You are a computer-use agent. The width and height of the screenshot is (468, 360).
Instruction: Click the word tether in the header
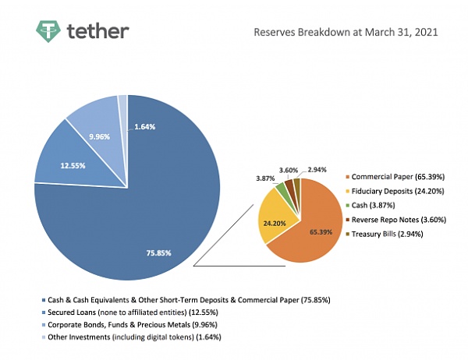tap(98, 32)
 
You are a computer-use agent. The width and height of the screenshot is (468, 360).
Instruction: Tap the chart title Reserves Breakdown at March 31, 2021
tap(346, 33)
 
